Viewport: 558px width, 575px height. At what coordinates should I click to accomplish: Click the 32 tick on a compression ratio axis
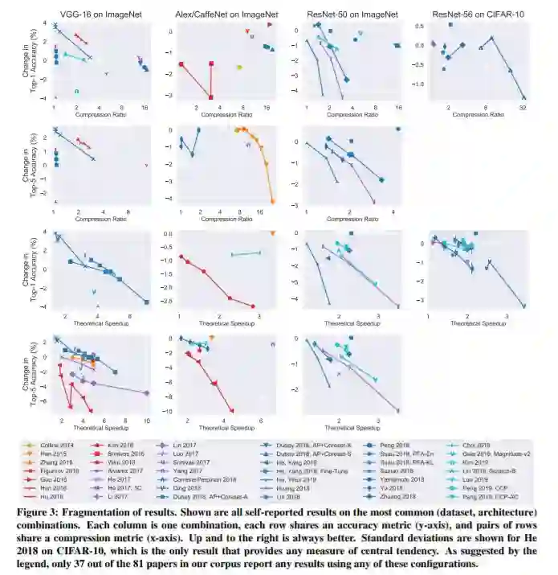[x=523, y=108]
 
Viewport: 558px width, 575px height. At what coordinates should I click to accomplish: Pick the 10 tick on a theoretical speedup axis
[x=146, y=421]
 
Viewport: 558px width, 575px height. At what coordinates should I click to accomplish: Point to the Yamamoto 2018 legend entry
[x=393, y=480]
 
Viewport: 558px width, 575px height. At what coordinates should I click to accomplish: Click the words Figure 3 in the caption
[x=37, y=512]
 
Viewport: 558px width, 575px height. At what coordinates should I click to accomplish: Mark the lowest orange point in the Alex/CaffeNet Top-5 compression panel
[x=272, y=201]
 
